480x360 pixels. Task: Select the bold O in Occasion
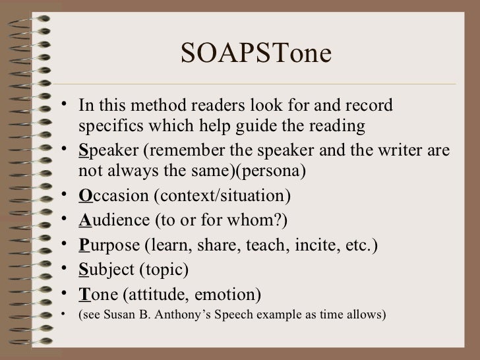click(x=82, y=197)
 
